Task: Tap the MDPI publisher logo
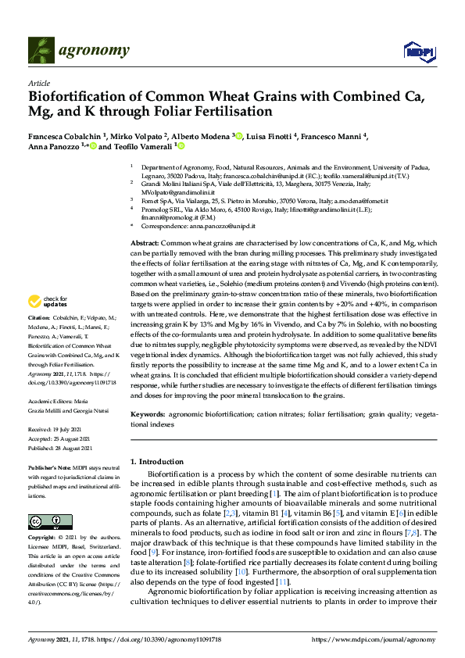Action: [419, 52]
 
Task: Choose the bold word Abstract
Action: [145, 222]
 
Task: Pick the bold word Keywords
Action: [147, 413]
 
